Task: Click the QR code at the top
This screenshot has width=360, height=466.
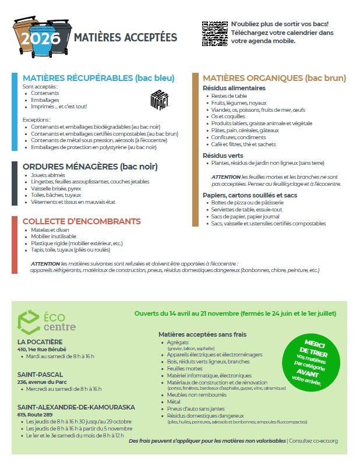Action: coord(214,33)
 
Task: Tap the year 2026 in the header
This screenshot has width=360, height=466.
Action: coord(41,38)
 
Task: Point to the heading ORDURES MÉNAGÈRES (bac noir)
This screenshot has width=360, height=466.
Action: coord(90,167)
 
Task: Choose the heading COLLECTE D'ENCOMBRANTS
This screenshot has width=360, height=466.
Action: coord(82,221)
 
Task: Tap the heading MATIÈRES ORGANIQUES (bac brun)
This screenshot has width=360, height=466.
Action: coord(274,78)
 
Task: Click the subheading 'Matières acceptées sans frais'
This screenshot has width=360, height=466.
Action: coord(202,334)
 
